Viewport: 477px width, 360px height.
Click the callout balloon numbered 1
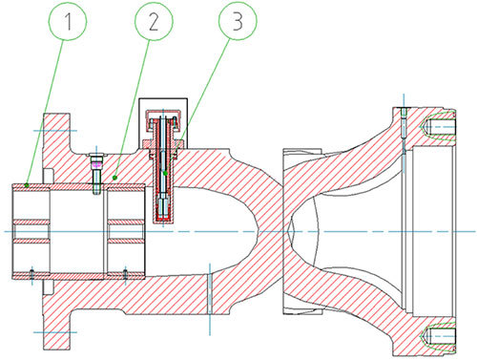point(68,21)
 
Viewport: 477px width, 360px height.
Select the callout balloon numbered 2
point(154,21)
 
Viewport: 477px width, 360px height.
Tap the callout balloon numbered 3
point(238,21)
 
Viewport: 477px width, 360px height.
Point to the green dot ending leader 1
point(27,185)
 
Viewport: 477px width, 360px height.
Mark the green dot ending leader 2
point(115,178)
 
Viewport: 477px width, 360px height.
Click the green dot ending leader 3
point(165,173)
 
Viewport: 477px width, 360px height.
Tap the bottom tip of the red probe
point(163,221)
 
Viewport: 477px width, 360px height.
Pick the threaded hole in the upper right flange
point(440,127)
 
